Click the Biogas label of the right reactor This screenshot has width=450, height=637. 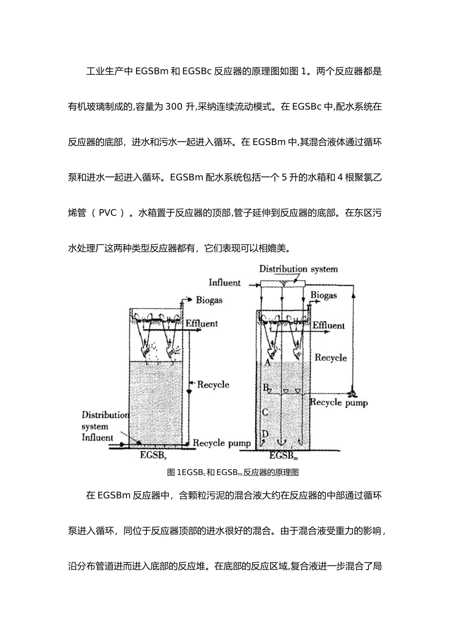[x=324, y=295]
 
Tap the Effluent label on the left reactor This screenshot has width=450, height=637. [x=201, y=324]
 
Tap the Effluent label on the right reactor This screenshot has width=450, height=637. [x=328, y=326]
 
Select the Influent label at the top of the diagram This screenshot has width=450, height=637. [x=225, y=283]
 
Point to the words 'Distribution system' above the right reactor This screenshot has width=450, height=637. [x=298, y=269]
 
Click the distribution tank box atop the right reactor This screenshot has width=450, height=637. [x=283, y=283]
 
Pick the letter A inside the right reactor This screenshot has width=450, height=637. [x=267, y=363]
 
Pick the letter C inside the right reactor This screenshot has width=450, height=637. [x=265, y=412]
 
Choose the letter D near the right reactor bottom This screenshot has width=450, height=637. [x=265, y=434]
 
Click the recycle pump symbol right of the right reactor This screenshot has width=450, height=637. [x=352, y=394]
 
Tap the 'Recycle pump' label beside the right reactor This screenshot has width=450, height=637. [x=338, y=403]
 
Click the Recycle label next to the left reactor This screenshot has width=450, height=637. [x=213, y=384]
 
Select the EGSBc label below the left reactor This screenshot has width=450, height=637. [x=153, y=456]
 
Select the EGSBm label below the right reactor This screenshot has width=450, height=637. [x=283, y=456]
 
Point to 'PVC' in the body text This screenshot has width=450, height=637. [x=108, y=213]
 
